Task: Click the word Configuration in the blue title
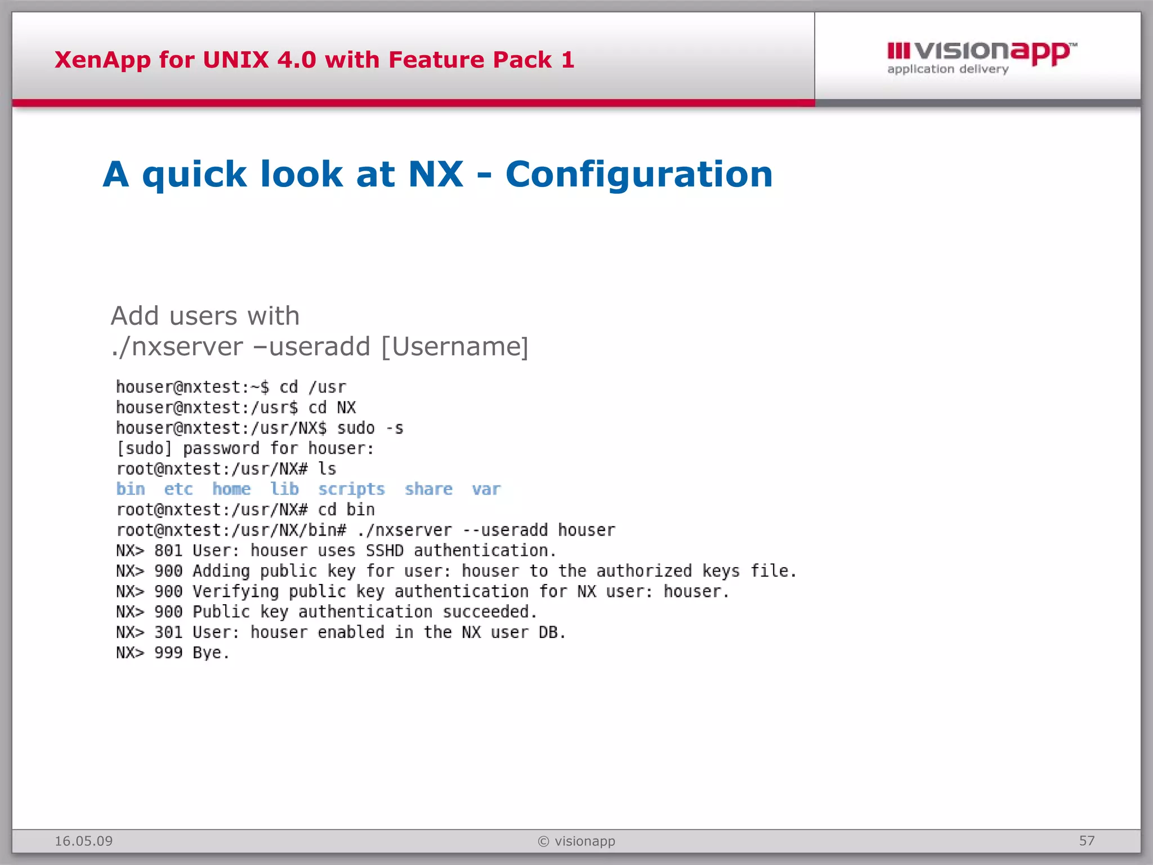click(x=639, y=174)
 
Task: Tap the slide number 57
click(x=1087, y=841)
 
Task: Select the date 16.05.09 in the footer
click(x=83, y=841)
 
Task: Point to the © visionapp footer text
click(x=576, y=841)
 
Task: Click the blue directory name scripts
click(x=351, y=489)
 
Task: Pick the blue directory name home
click(x=231, y=489)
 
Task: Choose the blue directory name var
click(x=486, y=489)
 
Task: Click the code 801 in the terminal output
click(x=168, y=550)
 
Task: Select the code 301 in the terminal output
click(x=168, y=632)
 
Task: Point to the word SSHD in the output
click(x=385, y=550)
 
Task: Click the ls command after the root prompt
click(x=327, y=469)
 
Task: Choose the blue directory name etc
click(x=178, y=489)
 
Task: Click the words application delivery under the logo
click(x=948, y=69)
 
